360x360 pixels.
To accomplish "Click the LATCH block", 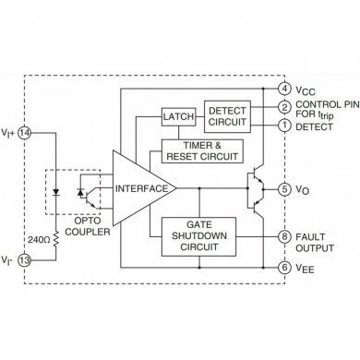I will click(177, 116).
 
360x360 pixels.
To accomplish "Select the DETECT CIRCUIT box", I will click(227, 115).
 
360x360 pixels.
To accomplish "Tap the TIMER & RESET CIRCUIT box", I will click(200, 150).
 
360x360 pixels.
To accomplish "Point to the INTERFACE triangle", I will click(141, 188).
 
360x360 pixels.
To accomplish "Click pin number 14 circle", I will click(24, 132).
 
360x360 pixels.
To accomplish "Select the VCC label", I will click(307, 90).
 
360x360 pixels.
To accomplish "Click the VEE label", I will click(307, 268).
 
